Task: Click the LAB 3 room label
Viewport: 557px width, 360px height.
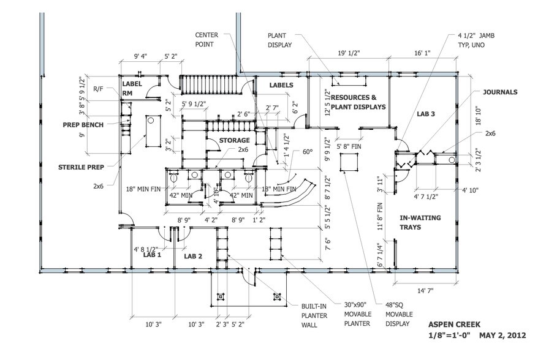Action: pos(426,114)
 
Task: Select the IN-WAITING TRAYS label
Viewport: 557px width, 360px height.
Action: pos(420,222)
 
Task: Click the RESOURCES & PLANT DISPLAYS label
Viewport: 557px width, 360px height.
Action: pos(358,102)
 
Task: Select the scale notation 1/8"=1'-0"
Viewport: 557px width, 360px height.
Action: pos(450,336)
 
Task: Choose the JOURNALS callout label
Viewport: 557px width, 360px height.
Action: pos(500,92)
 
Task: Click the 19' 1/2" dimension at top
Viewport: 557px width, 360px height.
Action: pos(347,54)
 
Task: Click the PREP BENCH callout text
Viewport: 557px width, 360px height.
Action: pos(82,125)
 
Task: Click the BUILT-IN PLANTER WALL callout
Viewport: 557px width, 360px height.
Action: pos(317,316)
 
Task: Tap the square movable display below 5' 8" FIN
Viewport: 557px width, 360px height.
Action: pos(349,162)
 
